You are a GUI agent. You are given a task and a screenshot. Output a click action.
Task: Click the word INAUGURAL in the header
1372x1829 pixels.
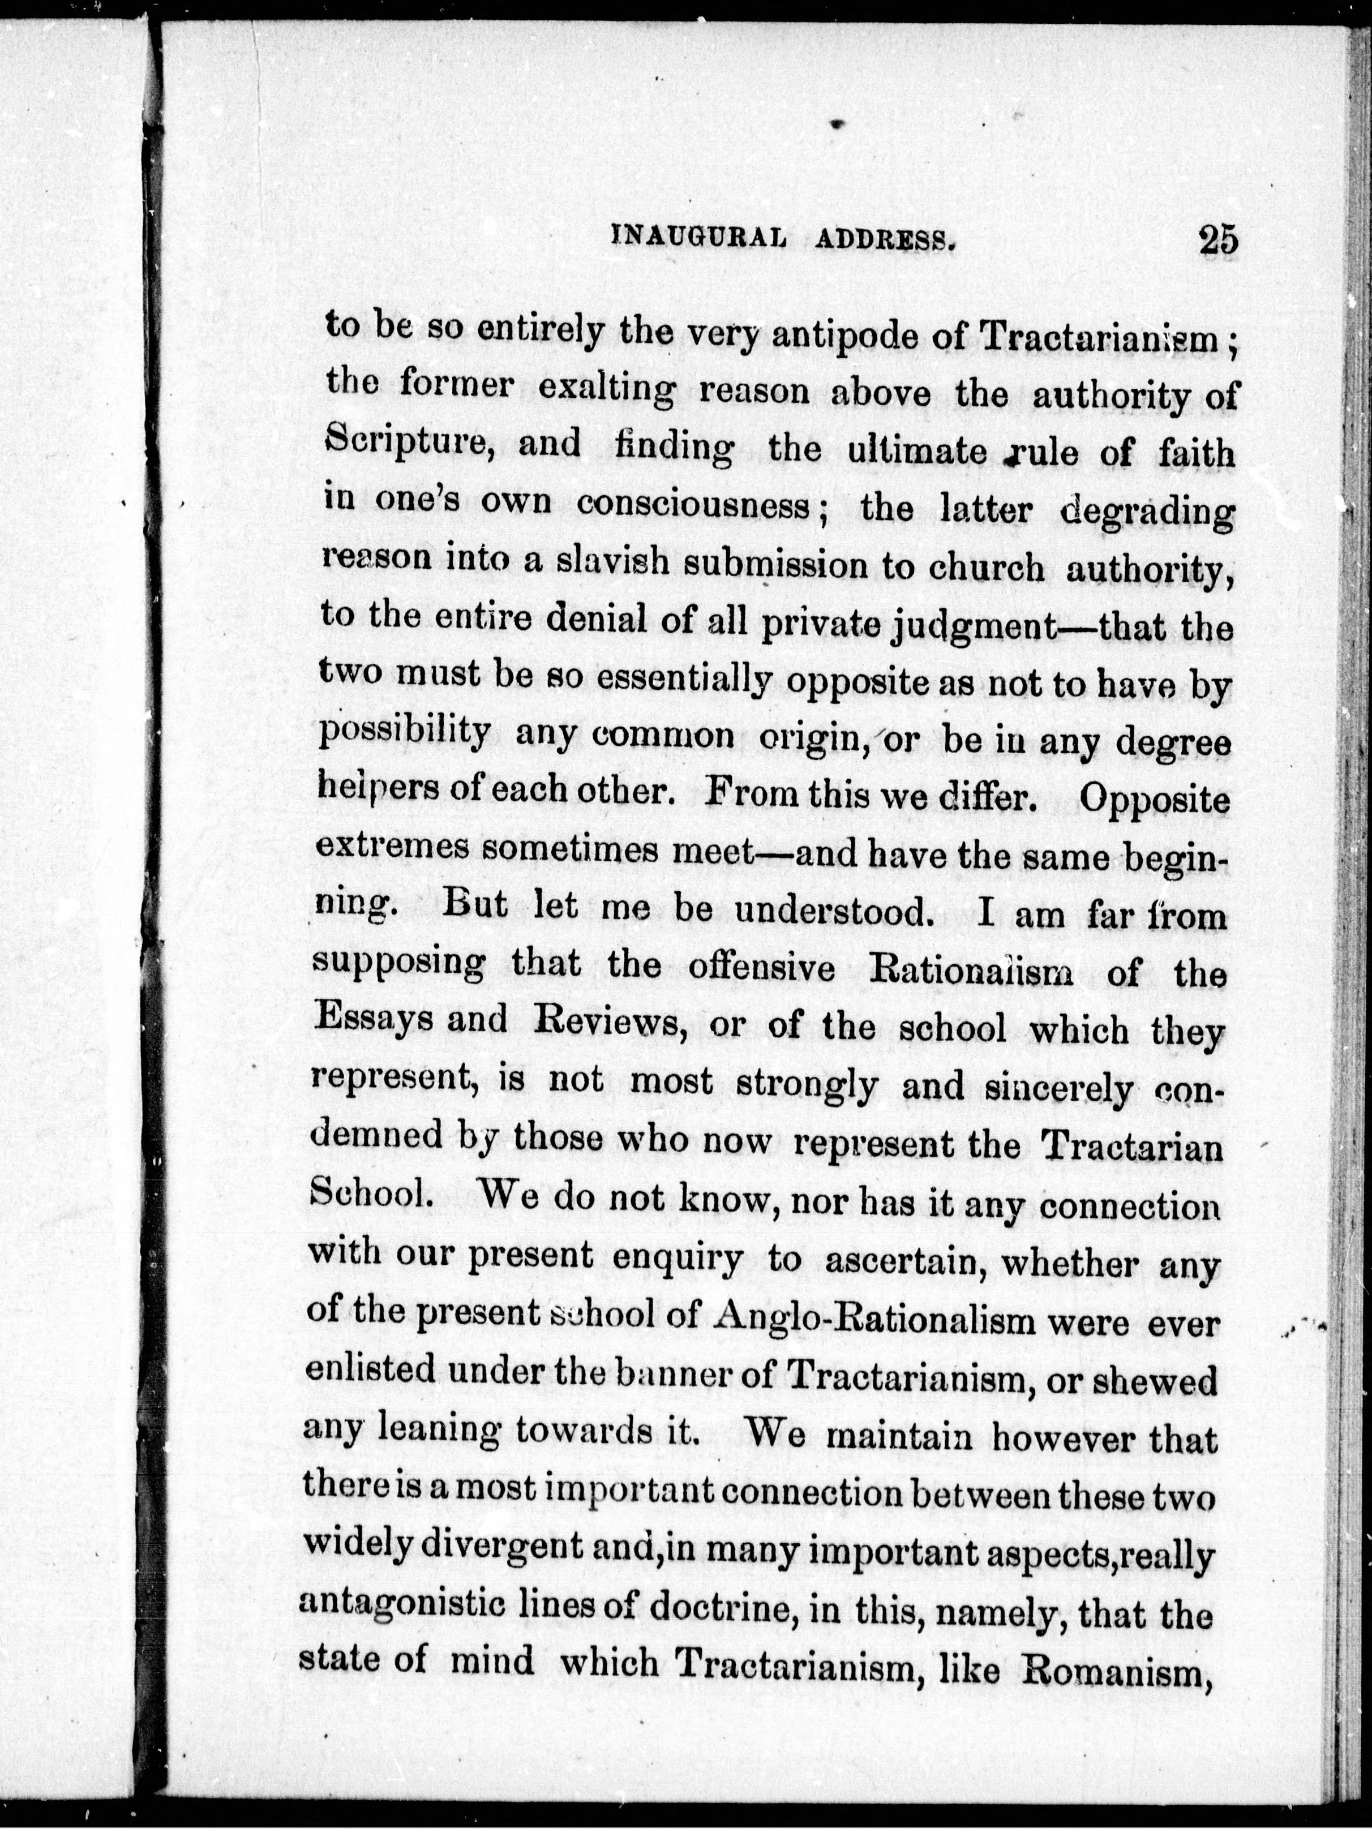[697, 239]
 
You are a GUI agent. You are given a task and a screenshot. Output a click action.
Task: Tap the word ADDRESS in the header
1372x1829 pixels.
[886, 241]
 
